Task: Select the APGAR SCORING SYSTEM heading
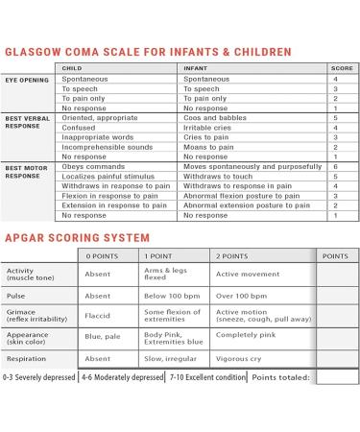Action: tap(78, 236)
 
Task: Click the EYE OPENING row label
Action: tap(26, 79)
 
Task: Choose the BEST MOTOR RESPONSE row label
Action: tap(26, 172)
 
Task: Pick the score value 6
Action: tap(334, 167)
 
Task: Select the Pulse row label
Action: tap(18, 297)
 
